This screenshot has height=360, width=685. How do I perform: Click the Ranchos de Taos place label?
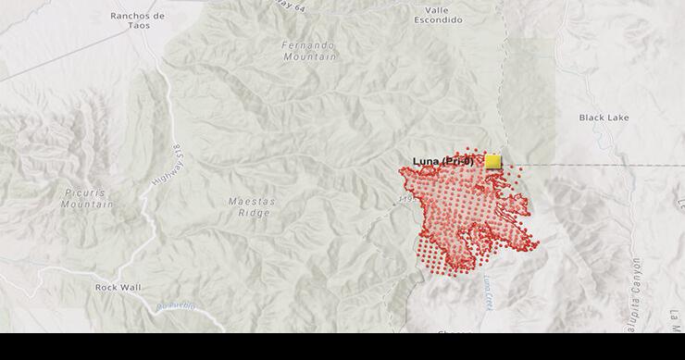coord(137,21)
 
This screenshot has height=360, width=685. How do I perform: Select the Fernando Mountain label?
coord(309,50)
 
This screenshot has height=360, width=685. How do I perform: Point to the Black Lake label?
coord(604,118)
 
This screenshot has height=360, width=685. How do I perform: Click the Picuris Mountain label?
coord(87,198)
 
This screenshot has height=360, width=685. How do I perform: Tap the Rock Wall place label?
coord(118,287)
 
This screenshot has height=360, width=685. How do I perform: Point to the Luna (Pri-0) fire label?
coord(442,162)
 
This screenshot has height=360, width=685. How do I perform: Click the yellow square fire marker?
coord(492,161)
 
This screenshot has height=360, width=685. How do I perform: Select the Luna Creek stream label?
coord(487,297)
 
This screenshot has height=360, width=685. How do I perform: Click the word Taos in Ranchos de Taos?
coord(137,27)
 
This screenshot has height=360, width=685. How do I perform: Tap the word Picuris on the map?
coord(87,192)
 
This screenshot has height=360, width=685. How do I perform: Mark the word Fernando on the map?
coord(309,44)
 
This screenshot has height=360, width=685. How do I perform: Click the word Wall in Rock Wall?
coord(131,287)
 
